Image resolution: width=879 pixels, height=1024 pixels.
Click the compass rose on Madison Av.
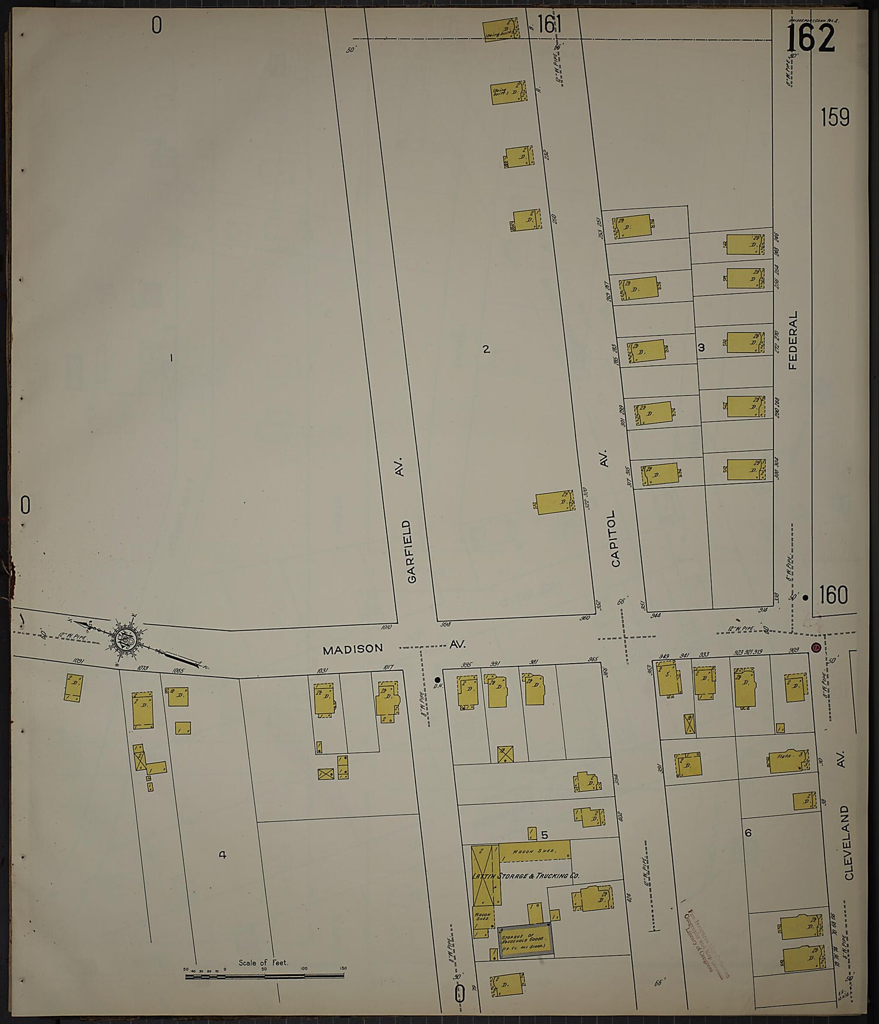click(x=125, y=636)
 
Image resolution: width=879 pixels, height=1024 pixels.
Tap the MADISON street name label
click(x=353, y=648)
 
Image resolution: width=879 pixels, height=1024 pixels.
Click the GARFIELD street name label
click(x=413, y=551)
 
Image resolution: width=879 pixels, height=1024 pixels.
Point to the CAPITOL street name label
click(x=615, y=539)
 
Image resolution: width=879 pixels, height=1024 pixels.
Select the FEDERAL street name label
click(x=793, y=340)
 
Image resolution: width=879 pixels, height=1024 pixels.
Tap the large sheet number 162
click(x=810, y=39)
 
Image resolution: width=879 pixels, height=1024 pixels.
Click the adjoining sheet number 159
click(x=834, y=118)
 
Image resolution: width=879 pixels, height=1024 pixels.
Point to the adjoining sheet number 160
click(x=833, y=596)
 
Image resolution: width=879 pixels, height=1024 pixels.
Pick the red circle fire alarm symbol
click(x=815, y=647)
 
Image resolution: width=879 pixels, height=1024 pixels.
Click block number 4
click(x=222, y=855)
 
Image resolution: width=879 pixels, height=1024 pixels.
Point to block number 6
click(x=748, y=832)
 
